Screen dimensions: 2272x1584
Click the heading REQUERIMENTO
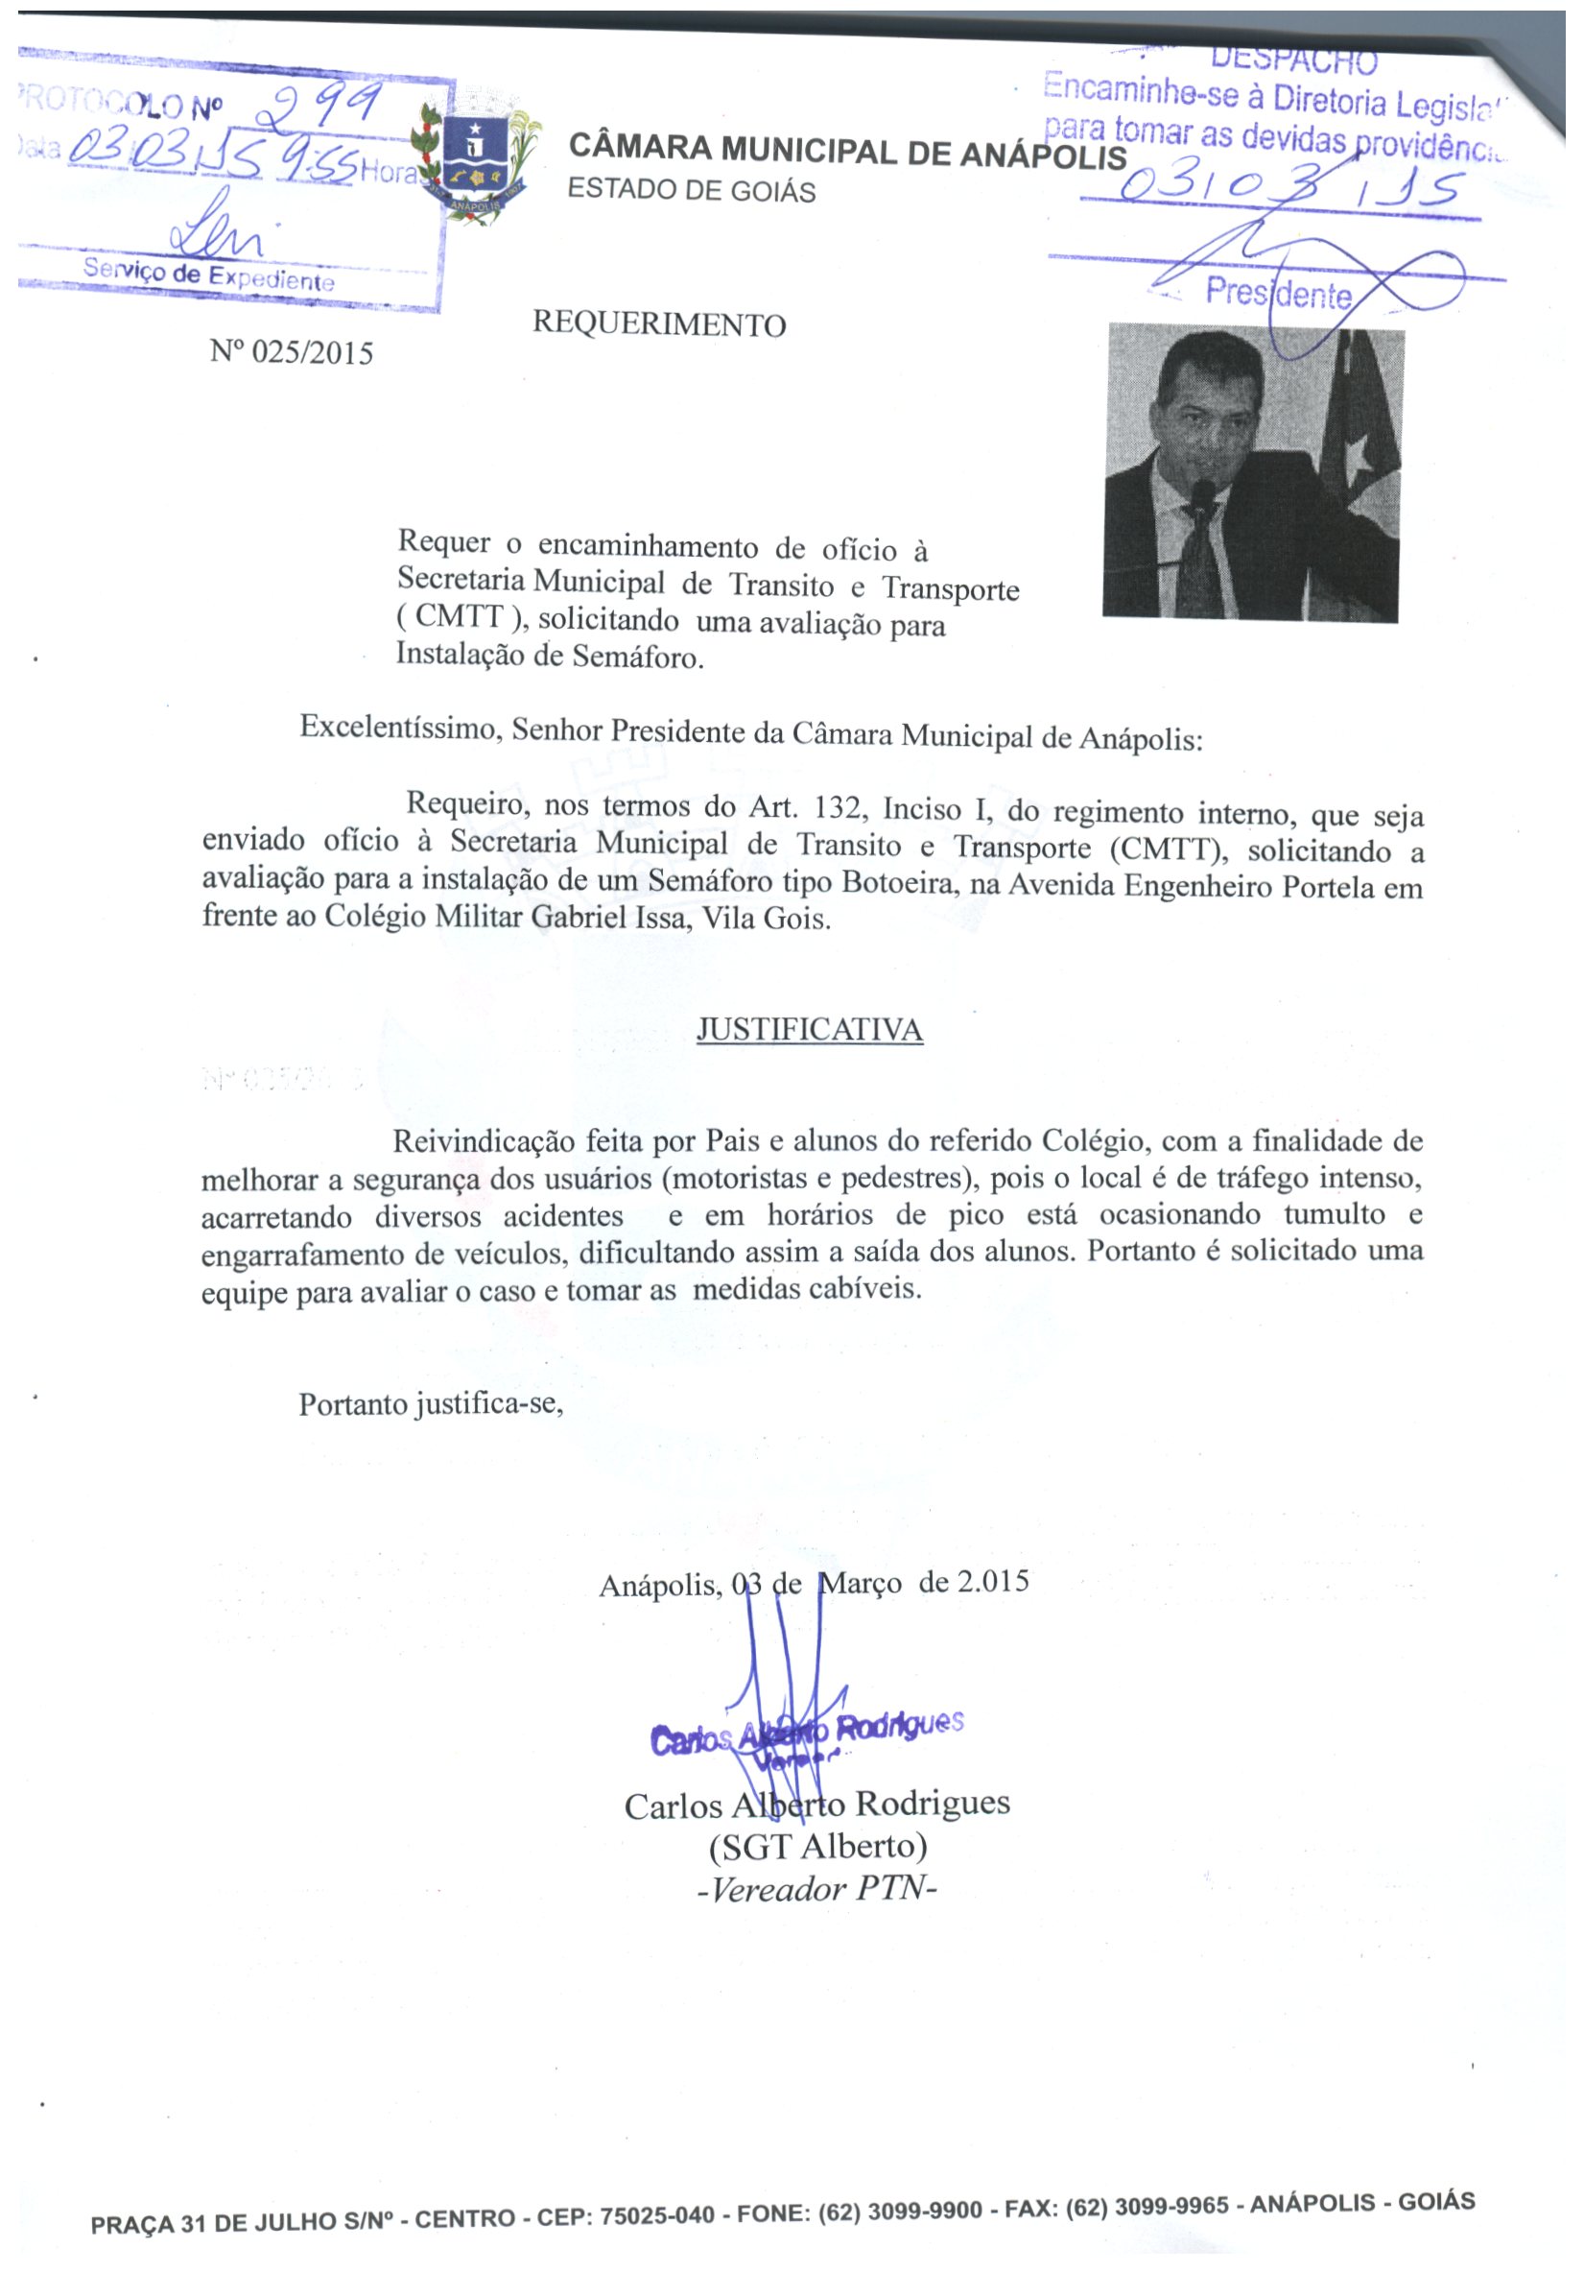[x=659, y=323]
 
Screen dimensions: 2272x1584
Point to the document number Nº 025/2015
[x=292, y=352]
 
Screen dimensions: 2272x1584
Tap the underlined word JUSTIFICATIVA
[x=810, y=1030]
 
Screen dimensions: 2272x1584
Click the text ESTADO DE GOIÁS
[x=692, y=190]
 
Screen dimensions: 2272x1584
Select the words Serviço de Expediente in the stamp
[x=209, y=275]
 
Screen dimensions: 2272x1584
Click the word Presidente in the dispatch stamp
[x=1277, y=293]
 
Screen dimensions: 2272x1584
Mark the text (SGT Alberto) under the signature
[x=818, y=1846]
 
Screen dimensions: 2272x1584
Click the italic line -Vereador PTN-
[x=817, y=1889]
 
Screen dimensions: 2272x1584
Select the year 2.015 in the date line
[x=992, y=1580]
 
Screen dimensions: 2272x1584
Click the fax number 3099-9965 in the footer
[x=1171, y=2208]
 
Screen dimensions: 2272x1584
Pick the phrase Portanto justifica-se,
[x=432, y=1404]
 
